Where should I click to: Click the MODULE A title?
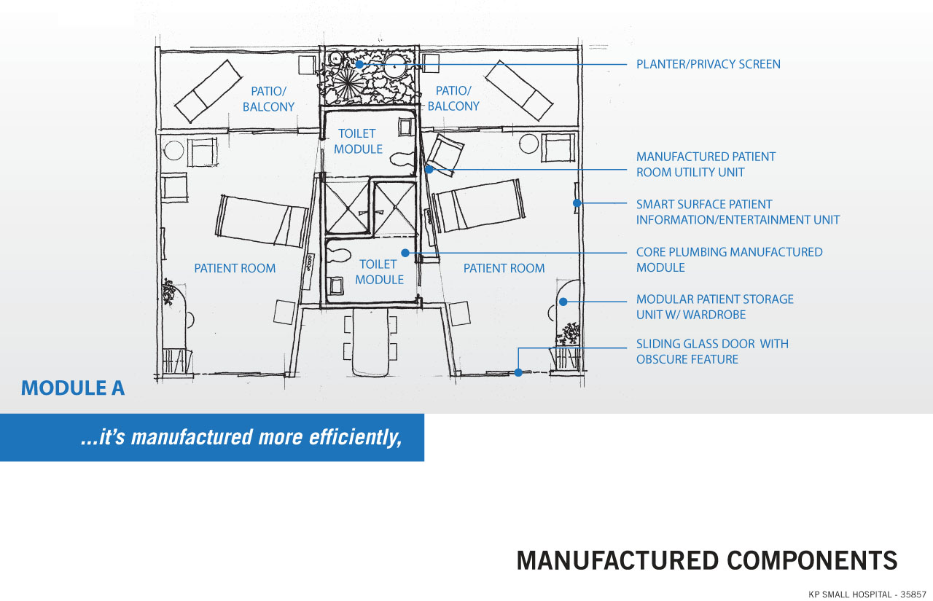[x=73, y=388]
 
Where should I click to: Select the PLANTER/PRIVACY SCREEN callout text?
[x=708, y=64]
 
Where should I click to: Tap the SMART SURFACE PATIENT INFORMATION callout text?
[x=737, y=212]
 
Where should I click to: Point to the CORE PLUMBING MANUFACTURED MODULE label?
[x=729, y=259]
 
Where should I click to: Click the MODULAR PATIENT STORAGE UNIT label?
[x=714, y=307]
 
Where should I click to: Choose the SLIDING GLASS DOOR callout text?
[x=712, y=351]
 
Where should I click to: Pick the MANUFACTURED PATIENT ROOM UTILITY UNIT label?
[x=706, y=165]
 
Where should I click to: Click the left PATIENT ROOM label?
[x=235, y=268]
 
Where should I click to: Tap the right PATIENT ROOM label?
[x=504, y=268]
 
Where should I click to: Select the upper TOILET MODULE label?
[x=357, y=141]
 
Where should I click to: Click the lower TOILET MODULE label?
[x=379, y=272]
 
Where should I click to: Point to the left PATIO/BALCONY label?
[x=268, y=99]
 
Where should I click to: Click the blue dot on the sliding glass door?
[x=518, y=372]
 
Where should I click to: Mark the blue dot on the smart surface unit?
[x=577, y=203]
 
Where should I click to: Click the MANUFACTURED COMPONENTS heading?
[x=706, y=560]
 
